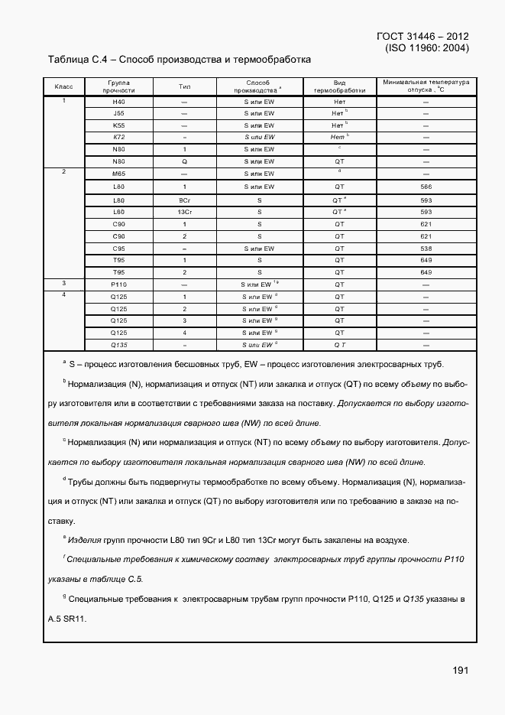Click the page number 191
pyautogui.click(x=459, y=670)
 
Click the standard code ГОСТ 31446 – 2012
pyautogui.click(x=422, y=36)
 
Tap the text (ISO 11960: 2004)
pyautogui.click(x=427, y=47)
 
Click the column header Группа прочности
pyautogui.click(x=118, y=86)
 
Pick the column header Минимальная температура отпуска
pyautogui.click(x=426, y=86)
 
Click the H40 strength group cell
pyautogui.click(x=118, y=102)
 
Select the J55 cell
pyautogui.click(x=118, y=113)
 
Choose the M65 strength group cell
pyautogui.click(x=118, y=174)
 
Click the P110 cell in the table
pyautogui.click(x=118, y=284)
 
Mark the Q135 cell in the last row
pyautogui.click(x=118, y=344)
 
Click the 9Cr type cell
pyautogui.click(x=183, y=200)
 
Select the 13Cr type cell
pyautogui.click(x=183, y=212)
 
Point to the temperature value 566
pyautogui.click(x=426, y=187)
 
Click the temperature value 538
pyautogui.click(x=426, y=248)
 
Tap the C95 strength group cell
pyautogui.click(x=118, y=248)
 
